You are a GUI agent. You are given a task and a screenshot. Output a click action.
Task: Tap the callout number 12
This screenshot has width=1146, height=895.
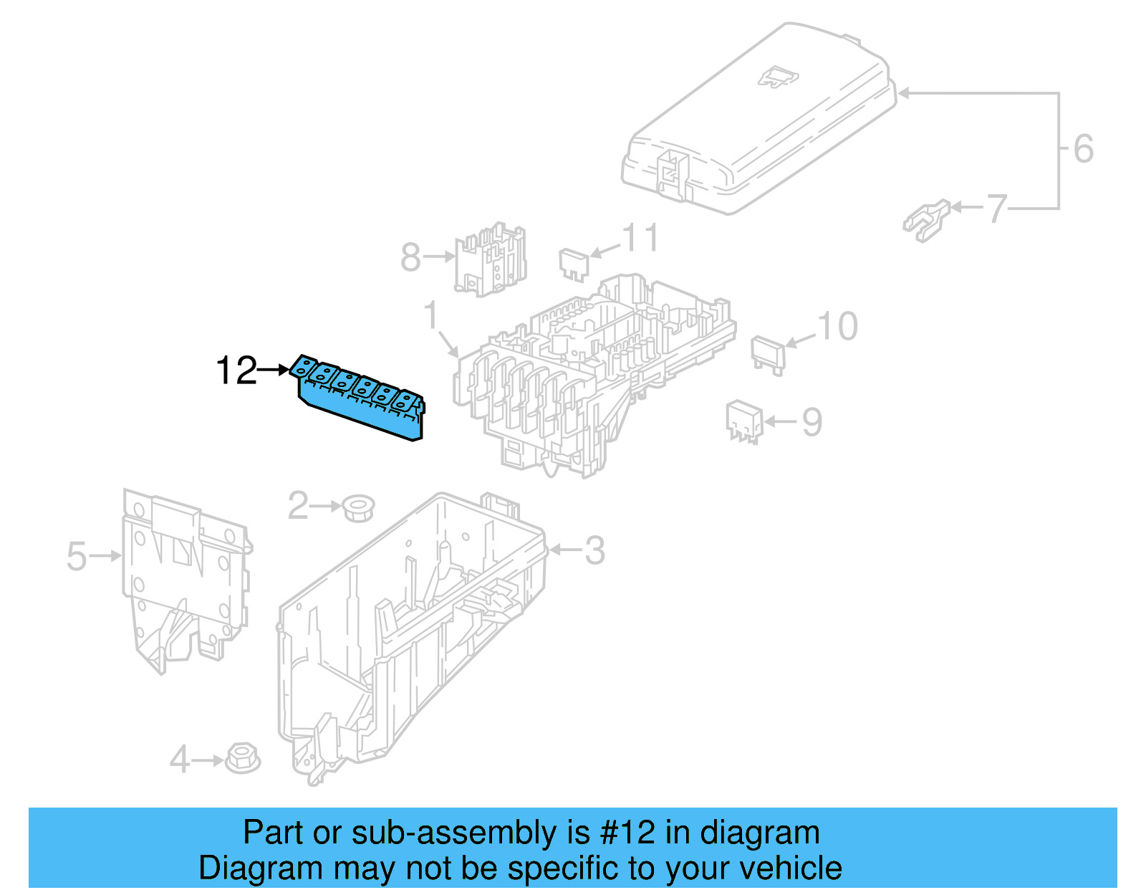point(236,370)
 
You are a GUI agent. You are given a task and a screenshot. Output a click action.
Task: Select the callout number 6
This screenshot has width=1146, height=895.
point(1083,149)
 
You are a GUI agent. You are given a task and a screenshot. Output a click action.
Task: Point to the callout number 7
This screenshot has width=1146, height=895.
point(997,209)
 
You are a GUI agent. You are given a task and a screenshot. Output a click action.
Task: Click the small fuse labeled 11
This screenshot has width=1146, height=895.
point(574,263)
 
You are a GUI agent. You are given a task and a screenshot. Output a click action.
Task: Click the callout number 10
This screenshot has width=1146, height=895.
point(837,327)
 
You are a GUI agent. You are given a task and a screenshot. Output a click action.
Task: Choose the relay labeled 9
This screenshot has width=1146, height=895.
point(743,421)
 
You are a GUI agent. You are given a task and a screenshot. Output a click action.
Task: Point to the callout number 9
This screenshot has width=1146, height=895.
point(812,422)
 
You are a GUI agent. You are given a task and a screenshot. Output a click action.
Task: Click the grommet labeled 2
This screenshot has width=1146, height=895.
point(358,507)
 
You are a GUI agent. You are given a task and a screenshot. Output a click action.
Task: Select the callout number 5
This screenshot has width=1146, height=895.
point(77,557)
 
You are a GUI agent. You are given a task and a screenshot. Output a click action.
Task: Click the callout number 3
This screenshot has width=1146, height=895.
point(594,551)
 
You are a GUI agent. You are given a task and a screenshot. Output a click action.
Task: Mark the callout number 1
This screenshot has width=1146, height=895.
point(430,315)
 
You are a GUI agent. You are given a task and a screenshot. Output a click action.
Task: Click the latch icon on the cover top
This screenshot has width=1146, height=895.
point(777,77)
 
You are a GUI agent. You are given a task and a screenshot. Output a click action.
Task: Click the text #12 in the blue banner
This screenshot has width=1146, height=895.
point(627,833)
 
